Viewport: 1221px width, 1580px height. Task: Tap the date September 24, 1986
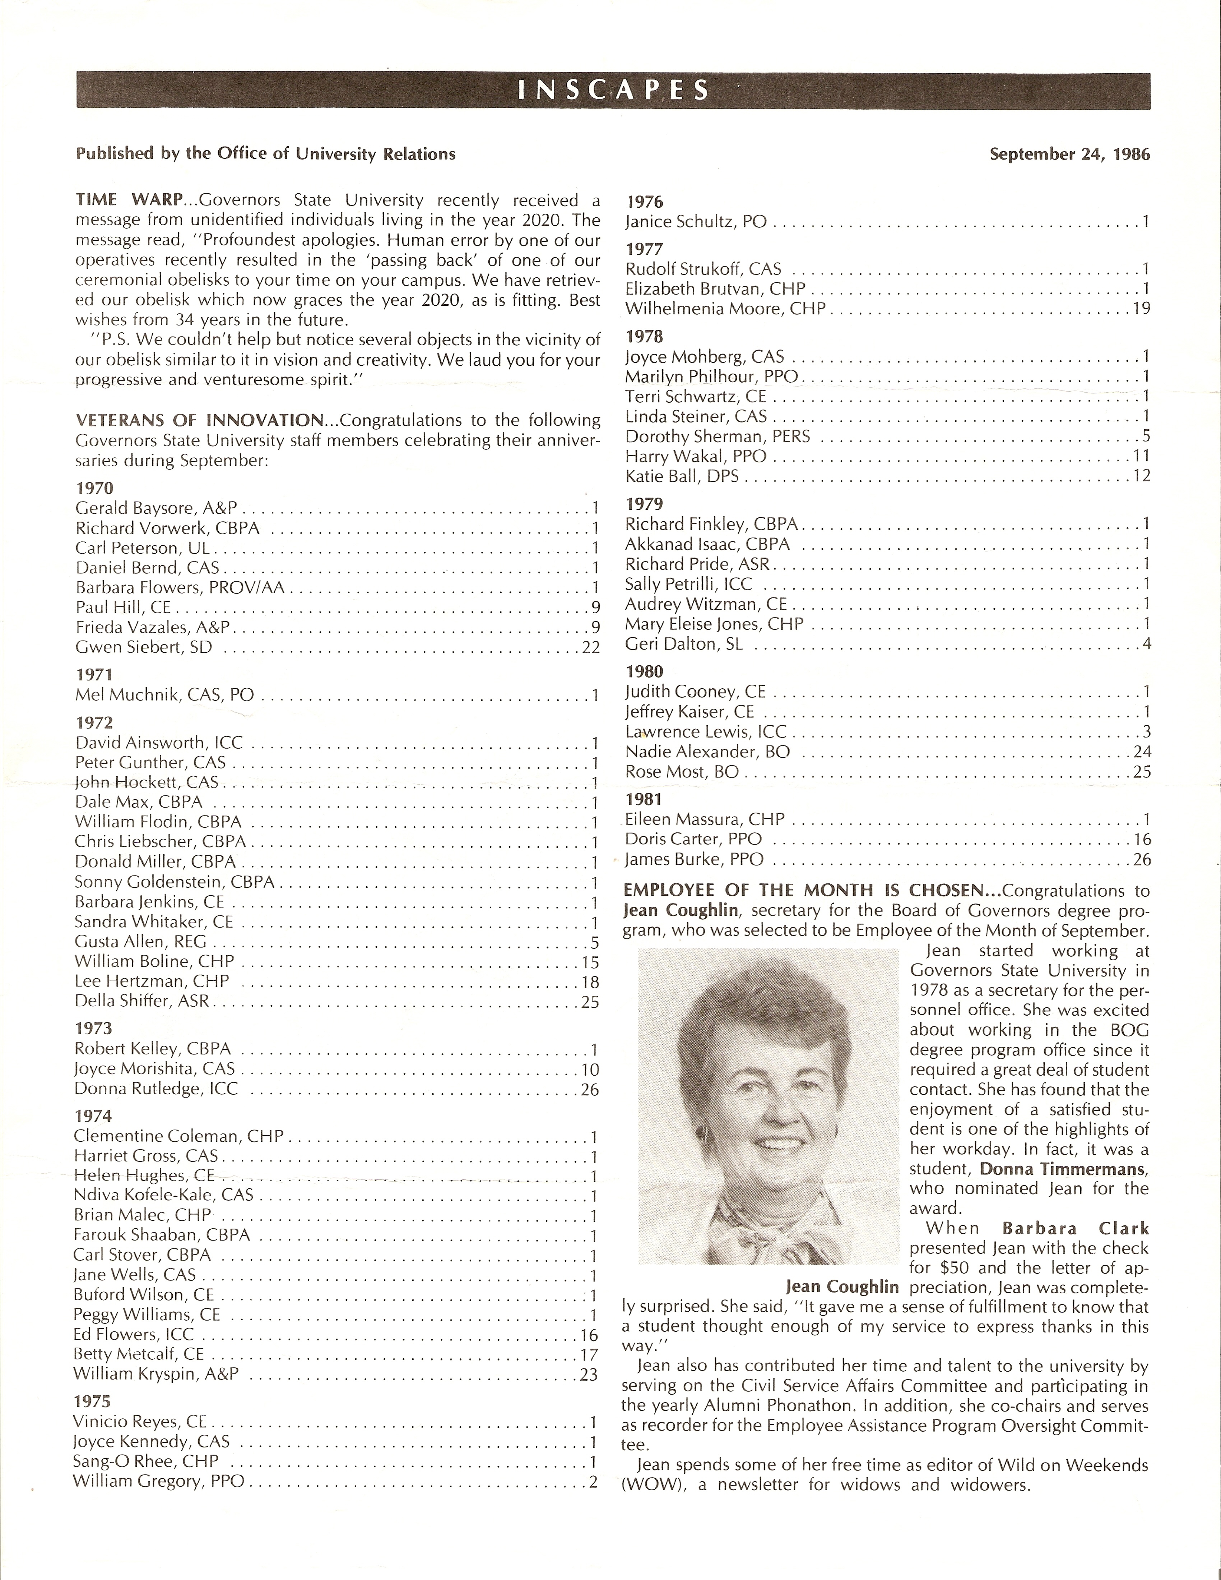1069,154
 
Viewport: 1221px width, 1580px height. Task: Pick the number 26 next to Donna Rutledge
590,1090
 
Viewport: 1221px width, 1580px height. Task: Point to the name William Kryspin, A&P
155,1374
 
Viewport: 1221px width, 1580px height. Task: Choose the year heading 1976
645,202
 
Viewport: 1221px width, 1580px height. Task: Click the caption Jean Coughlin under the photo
842,1287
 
